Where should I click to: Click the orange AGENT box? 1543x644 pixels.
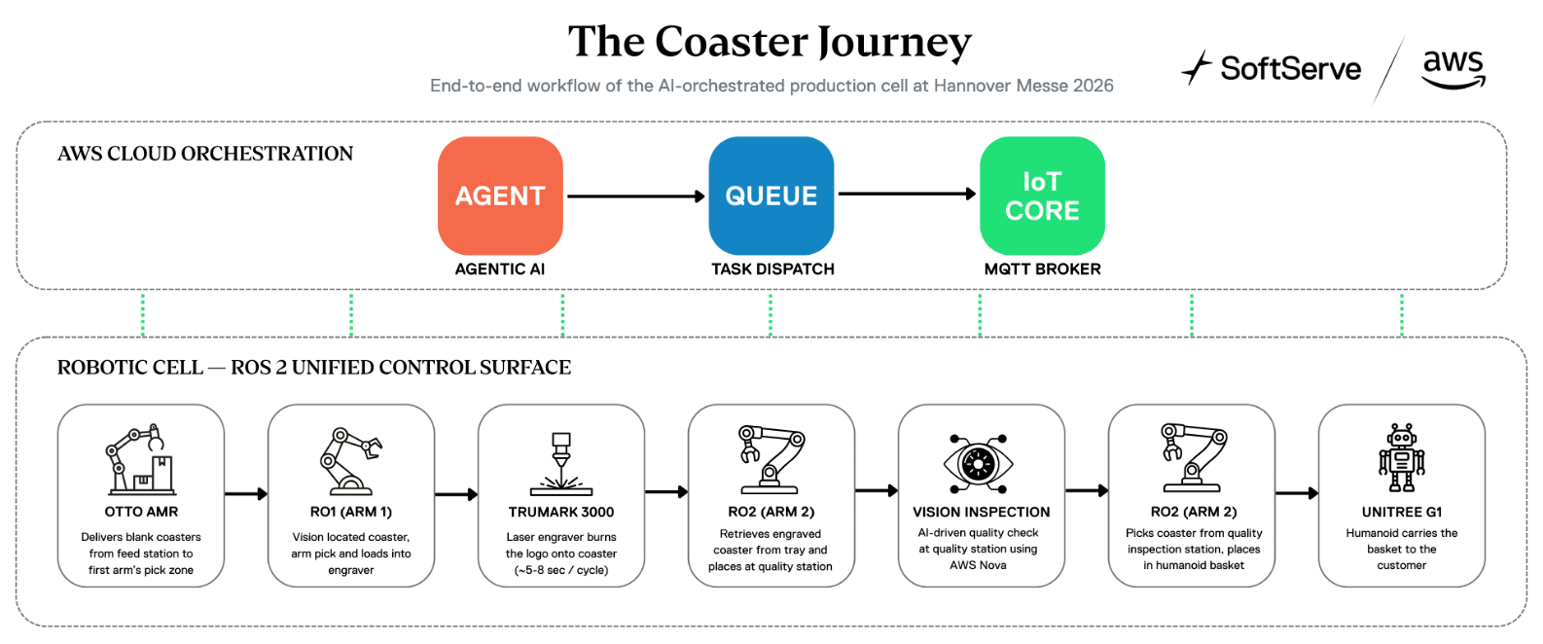(500, 196)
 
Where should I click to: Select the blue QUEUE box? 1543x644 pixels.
(771, 196)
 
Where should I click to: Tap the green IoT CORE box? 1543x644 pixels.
(1042, 196)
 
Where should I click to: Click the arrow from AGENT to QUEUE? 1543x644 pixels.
(636, 197)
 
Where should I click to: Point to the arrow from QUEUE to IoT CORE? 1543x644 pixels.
(907, 195)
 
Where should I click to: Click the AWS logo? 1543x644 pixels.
(1453, 70)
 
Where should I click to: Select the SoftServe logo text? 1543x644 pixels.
(1290, 68)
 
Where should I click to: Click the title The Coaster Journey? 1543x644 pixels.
(770, 43)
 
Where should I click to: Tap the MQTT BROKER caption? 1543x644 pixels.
(1042, 269)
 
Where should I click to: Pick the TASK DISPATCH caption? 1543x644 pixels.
(772, 269)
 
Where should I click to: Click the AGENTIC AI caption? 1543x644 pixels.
(499, 269)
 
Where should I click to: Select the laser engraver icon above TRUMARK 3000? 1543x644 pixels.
(561, 463)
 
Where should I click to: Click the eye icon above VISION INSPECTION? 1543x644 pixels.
(978, 463)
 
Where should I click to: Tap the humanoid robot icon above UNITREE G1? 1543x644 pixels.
(1402, 457)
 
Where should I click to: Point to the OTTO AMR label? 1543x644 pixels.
(141, 512)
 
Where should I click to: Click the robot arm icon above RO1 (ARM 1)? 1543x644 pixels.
(350, 461)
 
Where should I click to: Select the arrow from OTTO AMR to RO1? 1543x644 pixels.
(246, 494)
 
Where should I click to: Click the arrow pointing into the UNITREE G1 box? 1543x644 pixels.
(1297, 493)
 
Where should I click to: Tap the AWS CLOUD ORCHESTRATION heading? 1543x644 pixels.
(205, 154)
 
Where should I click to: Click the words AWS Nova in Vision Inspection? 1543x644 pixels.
(978, 565)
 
